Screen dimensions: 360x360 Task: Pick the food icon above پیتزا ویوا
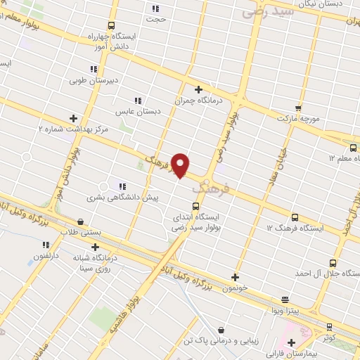pyautogui.click(x=285, y=299)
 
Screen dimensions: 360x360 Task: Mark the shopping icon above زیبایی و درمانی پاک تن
pyautogui.click(x=221, y=330)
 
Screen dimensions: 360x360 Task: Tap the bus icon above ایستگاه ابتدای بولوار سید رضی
pyautogui.click(x=195, y=207)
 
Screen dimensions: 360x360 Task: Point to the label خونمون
pyautogui.click(x=234, y=288)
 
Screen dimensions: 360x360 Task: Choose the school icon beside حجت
pyautogui.click(x=155, y=9)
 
